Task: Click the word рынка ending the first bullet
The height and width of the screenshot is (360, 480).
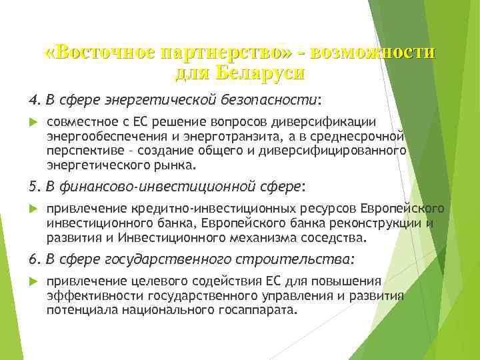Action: pyautogui.click(x=175, y=164)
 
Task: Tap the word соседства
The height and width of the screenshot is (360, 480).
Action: pyautogui.click(x=334, y=237)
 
